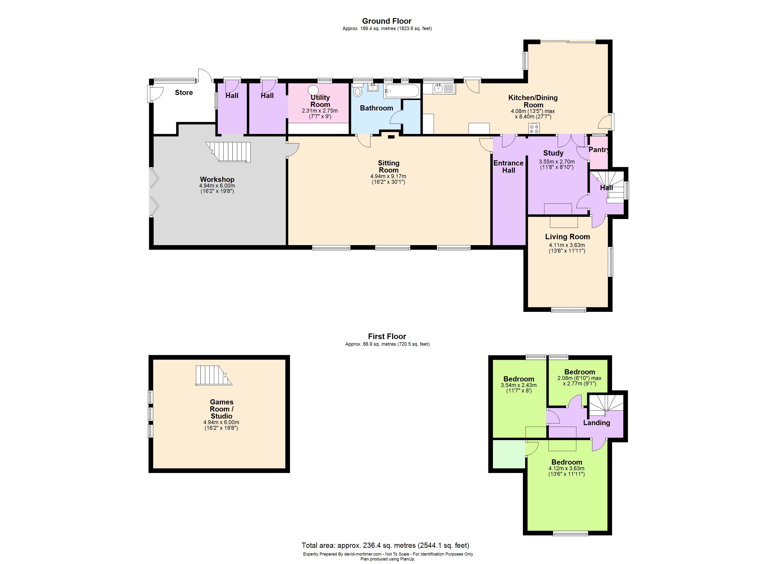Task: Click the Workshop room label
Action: [217, 179]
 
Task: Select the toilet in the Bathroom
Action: [358, 91]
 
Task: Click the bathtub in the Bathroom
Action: [401, 91]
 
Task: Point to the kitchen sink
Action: [439, 89]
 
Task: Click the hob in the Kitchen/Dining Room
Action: [534, 129]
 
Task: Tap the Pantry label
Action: [598, 150]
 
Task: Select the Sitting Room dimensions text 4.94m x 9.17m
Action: [388, 176]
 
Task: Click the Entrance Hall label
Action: [508, 167]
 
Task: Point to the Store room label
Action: [184, 92]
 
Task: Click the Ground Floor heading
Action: [387, 21]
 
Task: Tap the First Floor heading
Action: [387, 336]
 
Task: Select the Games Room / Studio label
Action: [221, 409]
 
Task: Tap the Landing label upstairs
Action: [596, 423]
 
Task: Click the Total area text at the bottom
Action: [385, 545]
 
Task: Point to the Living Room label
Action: [567, 237]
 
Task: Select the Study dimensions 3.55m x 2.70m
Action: [557, 162]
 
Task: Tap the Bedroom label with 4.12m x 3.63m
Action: [567, 462]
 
